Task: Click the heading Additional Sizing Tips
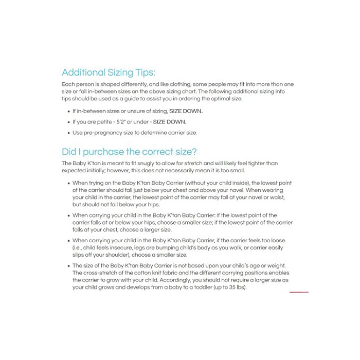coord(108,73)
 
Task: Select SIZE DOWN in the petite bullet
coord(170,122)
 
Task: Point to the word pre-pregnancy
coord(101,133)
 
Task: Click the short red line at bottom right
coord(299,292)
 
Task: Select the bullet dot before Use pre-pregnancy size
coord(68,133)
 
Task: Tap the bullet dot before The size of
coord(68,266)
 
